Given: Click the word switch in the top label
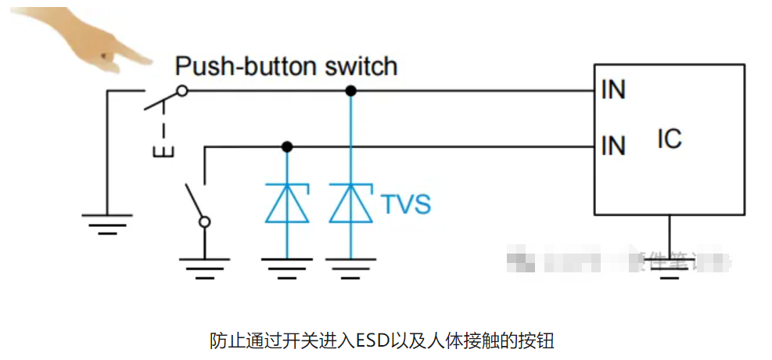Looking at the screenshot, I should (x=368, y=66).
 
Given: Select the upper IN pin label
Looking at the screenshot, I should (x=613, y=90).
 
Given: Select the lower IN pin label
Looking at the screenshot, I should (x=613, y=145).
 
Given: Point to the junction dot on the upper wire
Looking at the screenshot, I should (x=351, y=91).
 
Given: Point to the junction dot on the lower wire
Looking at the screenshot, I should (x=287, y=146).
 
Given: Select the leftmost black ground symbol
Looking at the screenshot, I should (x=107, y=221).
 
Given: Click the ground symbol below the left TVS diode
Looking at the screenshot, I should (x=287, y=266).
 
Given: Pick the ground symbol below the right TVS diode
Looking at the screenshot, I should (x=351, y=266).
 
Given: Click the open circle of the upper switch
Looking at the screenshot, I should (x=181, y=91).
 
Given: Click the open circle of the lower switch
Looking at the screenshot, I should (x=205, y=222).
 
